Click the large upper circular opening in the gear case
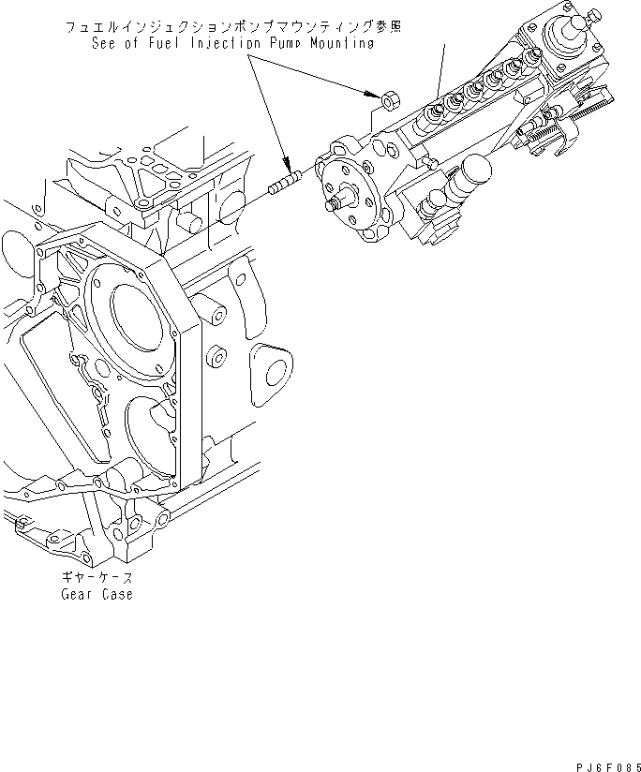click(x=141, y=318)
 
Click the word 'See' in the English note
click(x=106, y=42)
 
